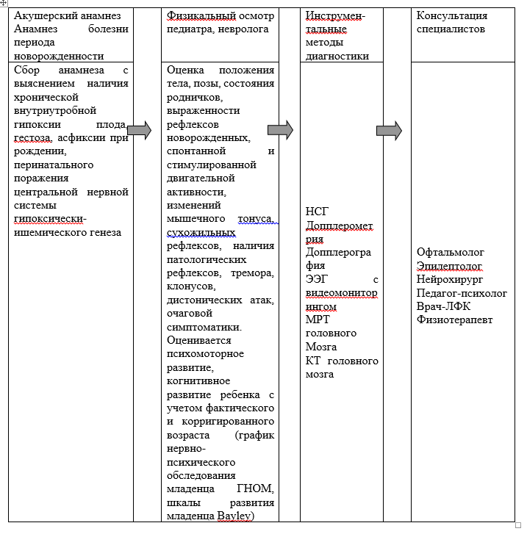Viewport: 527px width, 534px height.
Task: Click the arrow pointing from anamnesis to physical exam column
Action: click(139, 131)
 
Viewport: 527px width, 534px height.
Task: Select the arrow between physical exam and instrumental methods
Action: click(280, 130)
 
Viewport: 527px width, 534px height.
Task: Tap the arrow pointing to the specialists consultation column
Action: click(389, 131)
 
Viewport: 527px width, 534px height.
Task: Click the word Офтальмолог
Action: click(451, 252)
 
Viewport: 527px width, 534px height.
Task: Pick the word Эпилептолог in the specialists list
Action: click(449, 265)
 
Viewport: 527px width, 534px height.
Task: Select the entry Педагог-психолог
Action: click(462, 292)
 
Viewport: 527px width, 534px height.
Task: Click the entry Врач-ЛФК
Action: click(444, 306)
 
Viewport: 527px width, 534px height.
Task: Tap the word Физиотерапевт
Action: click(454, 320)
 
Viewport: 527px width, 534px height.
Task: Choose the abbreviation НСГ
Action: click(317, 212)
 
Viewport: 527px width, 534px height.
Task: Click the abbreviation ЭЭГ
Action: click(317, 279)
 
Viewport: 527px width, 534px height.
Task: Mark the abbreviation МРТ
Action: click(318, 320)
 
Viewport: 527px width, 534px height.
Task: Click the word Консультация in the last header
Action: click(451, 15)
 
